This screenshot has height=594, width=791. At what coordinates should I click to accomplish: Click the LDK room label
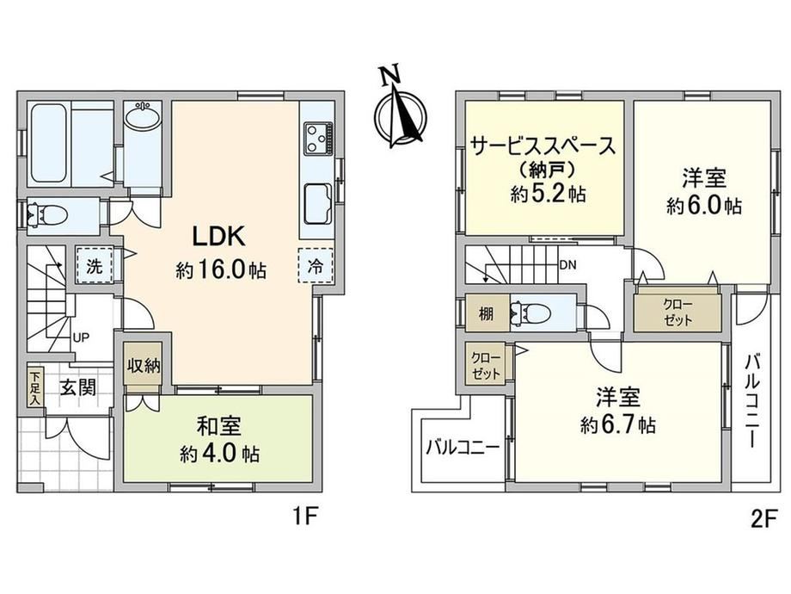(x=219, y=236)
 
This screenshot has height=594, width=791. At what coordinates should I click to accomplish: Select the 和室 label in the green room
(x=218, y=426)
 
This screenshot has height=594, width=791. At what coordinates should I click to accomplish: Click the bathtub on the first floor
(x=48, y=143)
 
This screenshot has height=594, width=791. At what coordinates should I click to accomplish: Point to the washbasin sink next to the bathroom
(x=144, y=118)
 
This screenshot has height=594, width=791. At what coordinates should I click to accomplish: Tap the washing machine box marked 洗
(x=95, y=266)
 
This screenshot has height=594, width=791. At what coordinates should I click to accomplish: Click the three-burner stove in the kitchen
(x=318, y=138)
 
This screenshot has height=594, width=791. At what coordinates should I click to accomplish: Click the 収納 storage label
(x=144, y=365)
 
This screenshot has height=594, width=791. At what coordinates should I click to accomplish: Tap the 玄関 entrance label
(x=78, y=388)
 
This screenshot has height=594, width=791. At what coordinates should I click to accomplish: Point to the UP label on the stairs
(x=81, y=337)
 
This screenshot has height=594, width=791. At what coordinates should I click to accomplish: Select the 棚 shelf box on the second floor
(x=486, y=313)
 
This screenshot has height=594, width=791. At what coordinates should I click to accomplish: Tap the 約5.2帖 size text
(x=548, y=194)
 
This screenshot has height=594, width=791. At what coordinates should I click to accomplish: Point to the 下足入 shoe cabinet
(x=35, y=388)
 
